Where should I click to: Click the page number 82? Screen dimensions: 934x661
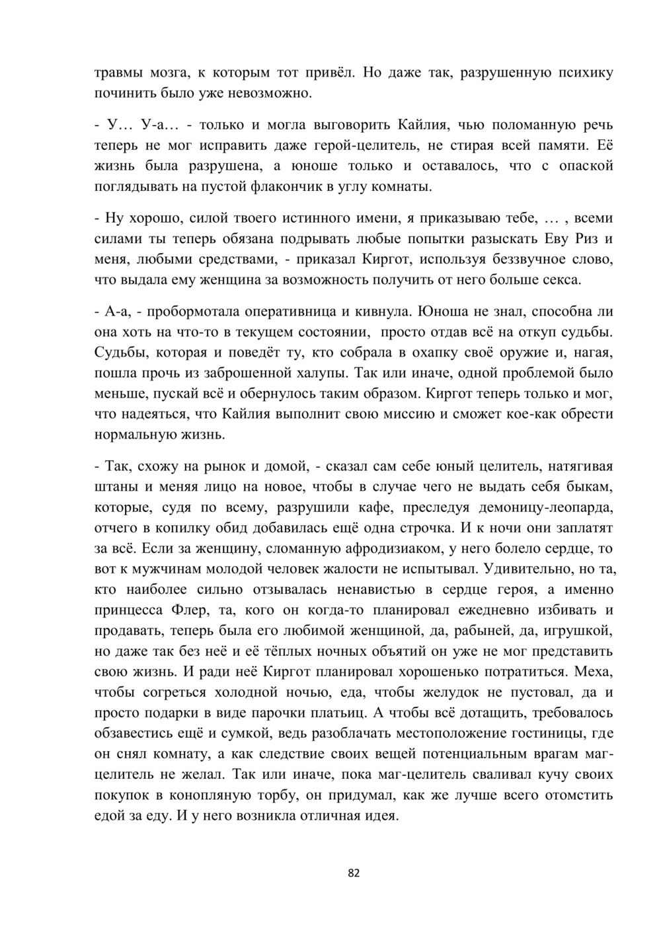354,873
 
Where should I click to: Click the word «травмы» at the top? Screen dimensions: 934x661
117,73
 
